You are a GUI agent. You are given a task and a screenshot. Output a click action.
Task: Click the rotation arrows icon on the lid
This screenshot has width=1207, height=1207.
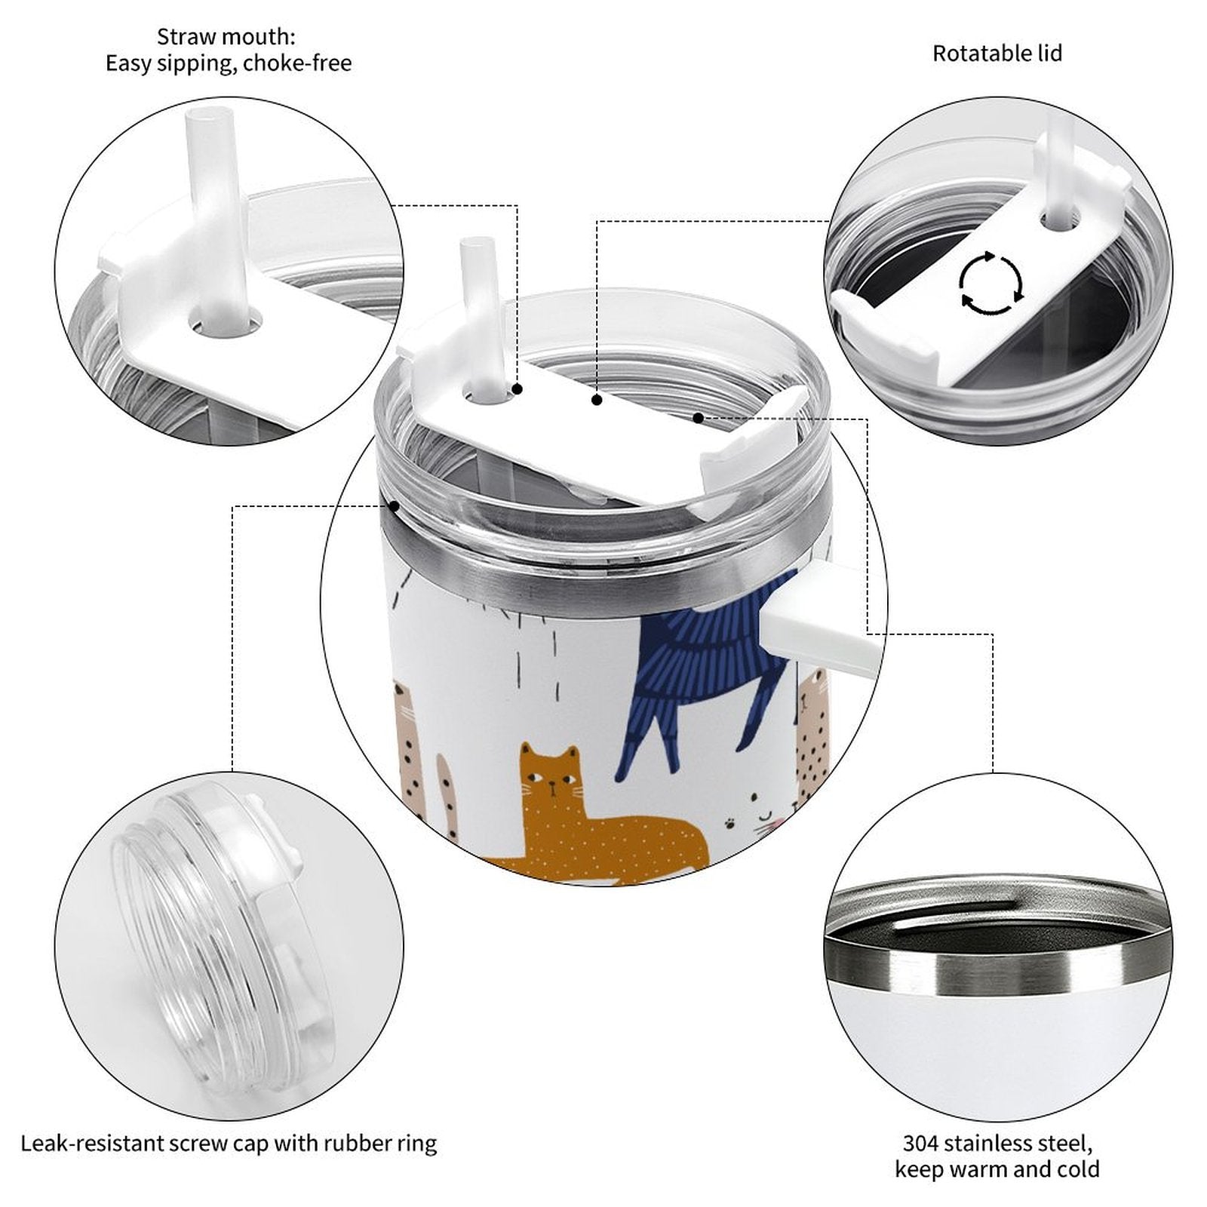point(991,284)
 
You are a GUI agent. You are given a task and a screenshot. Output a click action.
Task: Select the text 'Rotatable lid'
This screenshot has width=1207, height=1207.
point(997,54)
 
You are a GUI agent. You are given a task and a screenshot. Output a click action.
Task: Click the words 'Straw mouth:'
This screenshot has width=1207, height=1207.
point(226,36)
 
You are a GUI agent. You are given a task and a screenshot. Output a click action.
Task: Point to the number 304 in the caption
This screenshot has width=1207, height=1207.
point(921,1143)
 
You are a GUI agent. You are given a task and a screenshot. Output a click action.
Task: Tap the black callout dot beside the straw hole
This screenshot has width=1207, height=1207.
point(518,389)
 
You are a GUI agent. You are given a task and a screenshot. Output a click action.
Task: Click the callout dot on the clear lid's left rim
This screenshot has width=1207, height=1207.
point(394,505)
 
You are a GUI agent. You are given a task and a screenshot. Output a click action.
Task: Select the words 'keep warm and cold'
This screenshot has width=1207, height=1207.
point(997,1169)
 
